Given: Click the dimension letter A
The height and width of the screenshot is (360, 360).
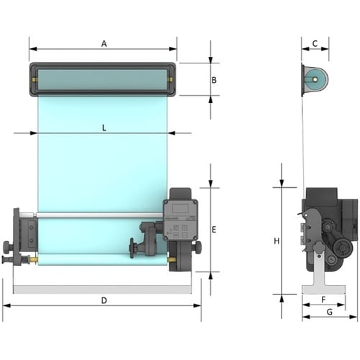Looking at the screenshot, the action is [x=104, y=44].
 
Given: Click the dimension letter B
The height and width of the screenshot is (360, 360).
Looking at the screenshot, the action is [x=214, y=80].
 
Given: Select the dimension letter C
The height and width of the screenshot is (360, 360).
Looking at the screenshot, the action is [x=315, y=43].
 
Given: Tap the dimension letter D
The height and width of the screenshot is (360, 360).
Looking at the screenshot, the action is [x=104, y=300].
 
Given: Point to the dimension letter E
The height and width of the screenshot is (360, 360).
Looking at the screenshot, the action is [x=214, y=230].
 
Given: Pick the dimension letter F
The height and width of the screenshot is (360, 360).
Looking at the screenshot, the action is [x=323, y=300].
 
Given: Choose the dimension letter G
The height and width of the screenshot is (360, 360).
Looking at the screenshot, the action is [x=330, y=312].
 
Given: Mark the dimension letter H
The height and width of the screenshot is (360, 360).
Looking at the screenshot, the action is [x=276, y=241].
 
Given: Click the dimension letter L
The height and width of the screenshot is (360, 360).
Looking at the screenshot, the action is [x=104, y=128].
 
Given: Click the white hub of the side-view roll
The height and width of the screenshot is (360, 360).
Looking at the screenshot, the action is [x=315, y=79].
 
